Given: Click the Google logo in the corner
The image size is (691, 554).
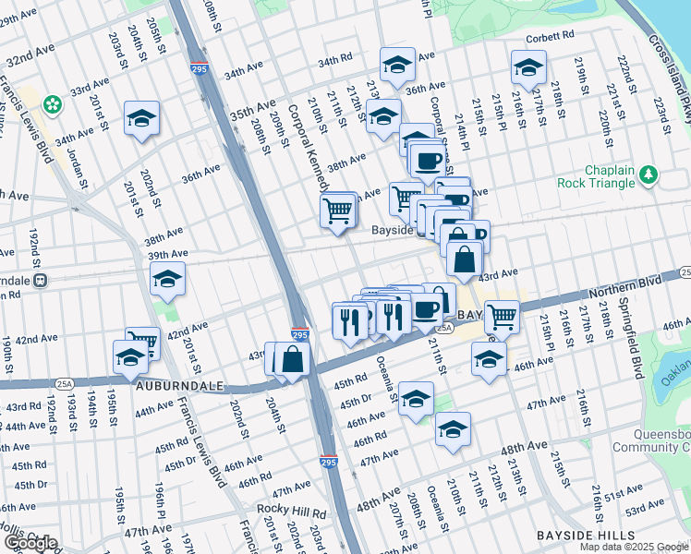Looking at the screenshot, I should pos(30,543).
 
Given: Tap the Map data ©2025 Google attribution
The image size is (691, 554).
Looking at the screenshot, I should pos(634,547).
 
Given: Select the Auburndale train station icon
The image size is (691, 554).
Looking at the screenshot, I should pos(41,280).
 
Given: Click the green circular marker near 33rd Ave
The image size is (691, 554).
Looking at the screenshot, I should pos(54,102).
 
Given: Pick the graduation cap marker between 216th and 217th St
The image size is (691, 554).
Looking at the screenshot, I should pos(528,67).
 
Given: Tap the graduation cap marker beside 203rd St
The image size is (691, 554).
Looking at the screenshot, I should pos(142,118).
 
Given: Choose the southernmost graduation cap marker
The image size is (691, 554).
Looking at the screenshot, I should pos(453,430).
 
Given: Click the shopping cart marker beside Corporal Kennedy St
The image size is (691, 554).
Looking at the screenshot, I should pos(337,211).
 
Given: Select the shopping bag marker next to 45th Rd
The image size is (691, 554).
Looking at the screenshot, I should pos(292,358).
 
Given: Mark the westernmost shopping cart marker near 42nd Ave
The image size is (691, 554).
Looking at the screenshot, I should pos(142,342).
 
